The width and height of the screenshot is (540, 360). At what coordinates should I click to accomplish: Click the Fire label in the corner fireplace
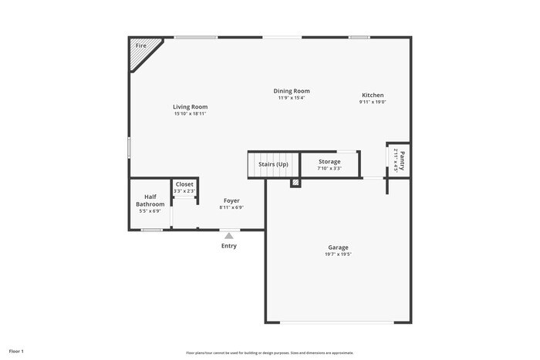coord(140,46)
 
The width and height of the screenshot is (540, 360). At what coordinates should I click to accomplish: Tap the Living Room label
coord(190,107)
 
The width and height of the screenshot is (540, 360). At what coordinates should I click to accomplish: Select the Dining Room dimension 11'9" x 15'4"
coord(292,98)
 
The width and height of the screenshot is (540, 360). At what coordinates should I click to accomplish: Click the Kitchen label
coord(373,95)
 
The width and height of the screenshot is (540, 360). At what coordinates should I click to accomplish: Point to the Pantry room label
coord(401,160)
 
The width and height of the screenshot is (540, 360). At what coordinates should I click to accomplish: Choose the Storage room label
coord(329,161)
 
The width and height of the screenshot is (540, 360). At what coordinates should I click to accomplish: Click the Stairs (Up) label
coord(272,164)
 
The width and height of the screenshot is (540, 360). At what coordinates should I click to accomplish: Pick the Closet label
coord(184,184)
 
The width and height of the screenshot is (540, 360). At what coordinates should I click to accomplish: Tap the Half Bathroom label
coord(150,200)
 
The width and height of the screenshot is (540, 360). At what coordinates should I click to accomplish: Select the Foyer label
coord(231,200)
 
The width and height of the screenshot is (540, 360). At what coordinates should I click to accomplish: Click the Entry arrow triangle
coord(229,236)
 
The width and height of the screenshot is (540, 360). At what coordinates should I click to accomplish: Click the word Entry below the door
coord(229,246)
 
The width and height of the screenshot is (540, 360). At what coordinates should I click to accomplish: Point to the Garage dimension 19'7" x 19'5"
coord(338,254)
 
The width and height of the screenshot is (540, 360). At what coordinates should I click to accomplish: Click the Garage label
coord(338,247)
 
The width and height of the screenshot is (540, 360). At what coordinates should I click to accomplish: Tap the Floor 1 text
coord(16,351)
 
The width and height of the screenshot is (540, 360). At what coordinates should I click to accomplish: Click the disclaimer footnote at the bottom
coord(269,352)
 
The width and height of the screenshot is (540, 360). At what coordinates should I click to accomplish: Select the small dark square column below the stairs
coord(295,183)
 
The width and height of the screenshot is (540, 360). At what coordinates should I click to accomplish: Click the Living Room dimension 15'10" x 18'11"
coord(190,114)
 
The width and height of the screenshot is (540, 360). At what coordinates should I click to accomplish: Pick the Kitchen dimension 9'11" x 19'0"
coord(373,102)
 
